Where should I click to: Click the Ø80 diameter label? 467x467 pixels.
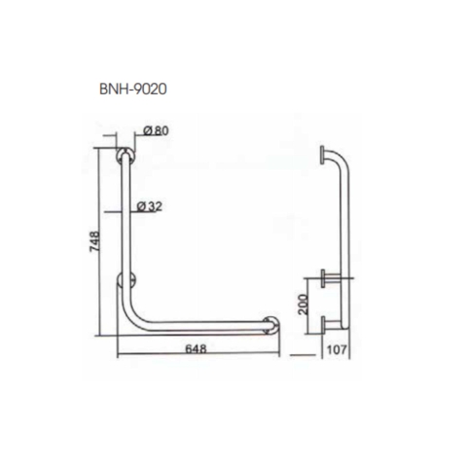tap(157, 131)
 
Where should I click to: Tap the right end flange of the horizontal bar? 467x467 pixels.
tap(273, 328)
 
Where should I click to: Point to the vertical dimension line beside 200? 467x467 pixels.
tap(313, 305)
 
